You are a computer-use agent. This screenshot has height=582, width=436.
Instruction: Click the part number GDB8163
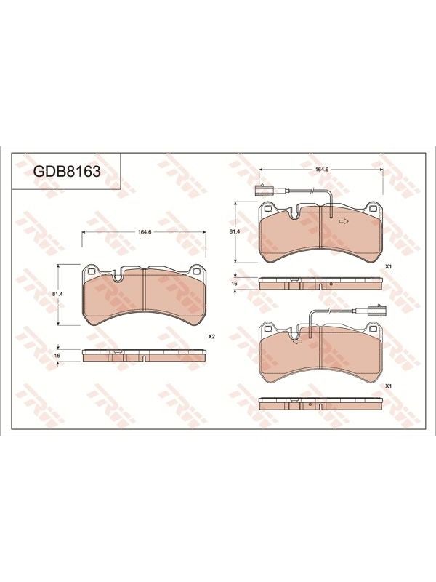tap(67, 171)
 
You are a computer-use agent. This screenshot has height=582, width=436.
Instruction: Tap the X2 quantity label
tap(211, 337)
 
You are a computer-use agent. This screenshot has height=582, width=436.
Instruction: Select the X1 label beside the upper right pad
tap(389, 266)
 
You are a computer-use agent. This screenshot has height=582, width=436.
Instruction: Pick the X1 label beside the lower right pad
tap(389, 386)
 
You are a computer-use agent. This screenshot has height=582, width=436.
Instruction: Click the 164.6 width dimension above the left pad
tap(144, 232)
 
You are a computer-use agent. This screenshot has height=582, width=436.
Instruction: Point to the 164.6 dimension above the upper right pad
tap(321, 169)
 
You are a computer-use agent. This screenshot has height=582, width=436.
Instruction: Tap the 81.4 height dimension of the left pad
tap(57, 294)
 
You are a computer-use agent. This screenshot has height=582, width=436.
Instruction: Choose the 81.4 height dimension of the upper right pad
tap(233, 231)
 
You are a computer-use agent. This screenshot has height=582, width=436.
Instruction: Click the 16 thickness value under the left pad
tap(57, 356)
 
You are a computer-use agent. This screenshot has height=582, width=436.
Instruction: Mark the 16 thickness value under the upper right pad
tap(234, 283)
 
